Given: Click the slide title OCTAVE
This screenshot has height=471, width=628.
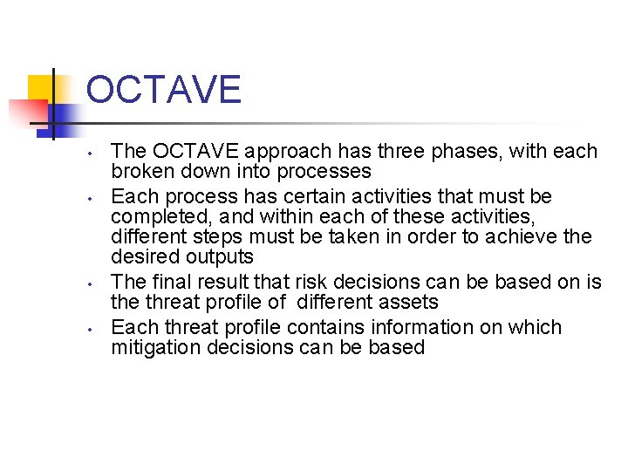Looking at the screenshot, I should point(164,91).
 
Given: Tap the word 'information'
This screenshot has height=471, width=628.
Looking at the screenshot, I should point(406,328).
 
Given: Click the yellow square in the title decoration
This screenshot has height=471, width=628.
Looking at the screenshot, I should point(42,88).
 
